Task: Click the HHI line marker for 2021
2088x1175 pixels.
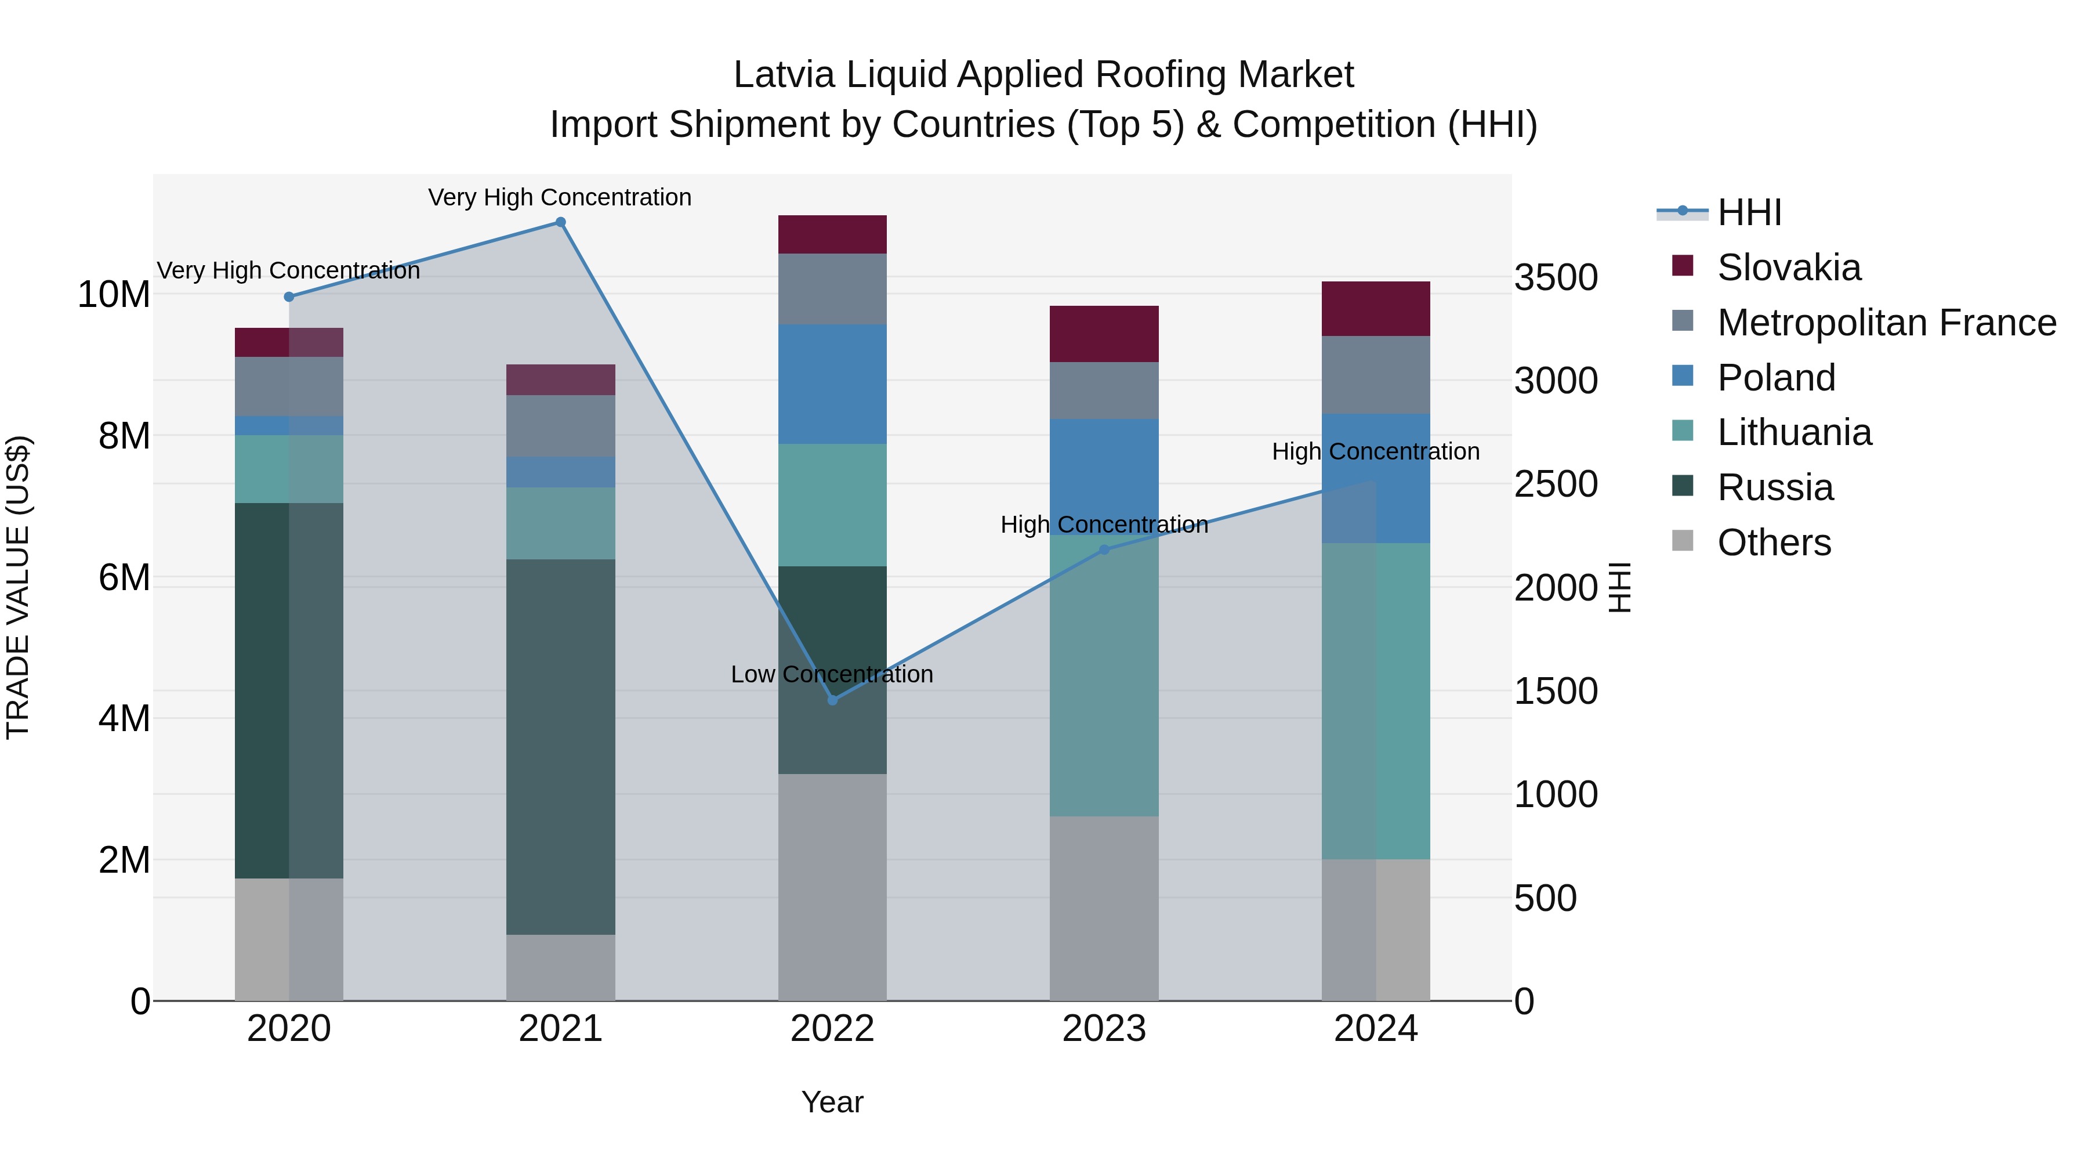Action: tap(560, 222)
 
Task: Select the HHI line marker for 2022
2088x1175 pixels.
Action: tap(832, 700)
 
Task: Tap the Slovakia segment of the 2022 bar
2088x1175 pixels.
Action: tap(832, 234)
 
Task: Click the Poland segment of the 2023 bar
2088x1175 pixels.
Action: tap(1104, 477)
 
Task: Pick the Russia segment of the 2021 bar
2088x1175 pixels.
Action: tap(560, 746)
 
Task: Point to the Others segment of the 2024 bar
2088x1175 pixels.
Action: tap(1376, 930)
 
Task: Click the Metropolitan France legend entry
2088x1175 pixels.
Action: tap(1886, 323)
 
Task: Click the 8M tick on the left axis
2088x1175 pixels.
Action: tap(124, 436)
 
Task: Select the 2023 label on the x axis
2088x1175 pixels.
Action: tap(1104, 1029)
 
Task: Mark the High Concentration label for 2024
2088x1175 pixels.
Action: tap(1376, 451)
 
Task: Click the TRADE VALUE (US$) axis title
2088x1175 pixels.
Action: tap(18, 587)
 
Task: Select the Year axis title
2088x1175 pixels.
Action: tap(832, 1102)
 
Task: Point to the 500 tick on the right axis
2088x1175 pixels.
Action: tap(1545, 898)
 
